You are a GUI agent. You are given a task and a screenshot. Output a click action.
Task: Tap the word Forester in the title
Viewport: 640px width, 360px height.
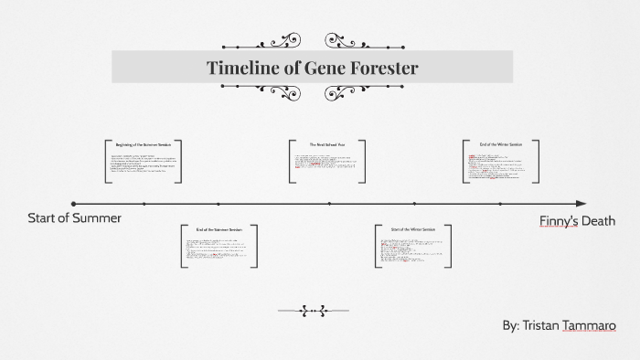point(379,68)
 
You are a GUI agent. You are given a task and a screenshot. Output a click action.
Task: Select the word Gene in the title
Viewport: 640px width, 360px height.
point(316,68)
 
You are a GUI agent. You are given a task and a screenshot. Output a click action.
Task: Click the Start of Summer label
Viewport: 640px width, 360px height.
point(74,217)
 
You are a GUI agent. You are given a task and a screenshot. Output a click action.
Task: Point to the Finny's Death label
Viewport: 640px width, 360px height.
point(577,221)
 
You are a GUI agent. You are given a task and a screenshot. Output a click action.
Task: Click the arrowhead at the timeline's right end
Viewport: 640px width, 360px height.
point(582,204)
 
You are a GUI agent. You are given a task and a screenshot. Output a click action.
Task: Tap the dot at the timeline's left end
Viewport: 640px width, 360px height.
point(73,204)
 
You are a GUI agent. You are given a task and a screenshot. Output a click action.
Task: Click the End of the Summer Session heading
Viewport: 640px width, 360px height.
point(219,229)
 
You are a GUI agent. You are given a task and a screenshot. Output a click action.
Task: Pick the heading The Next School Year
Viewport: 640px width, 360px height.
point(327,144)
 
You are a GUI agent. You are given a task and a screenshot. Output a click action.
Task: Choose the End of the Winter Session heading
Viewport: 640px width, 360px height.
point(502,143)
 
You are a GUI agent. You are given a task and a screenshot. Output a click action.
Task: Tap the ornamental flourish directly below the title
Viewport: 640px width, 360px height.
point(312,92)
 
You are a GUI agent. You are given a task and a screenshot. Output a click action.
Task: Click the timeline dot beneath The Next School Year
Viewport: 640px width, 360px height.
point(329,204)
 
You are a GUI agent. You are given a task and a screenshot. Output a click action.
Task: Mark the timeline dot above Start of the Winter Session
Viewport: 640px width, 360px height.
point(413,204)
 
